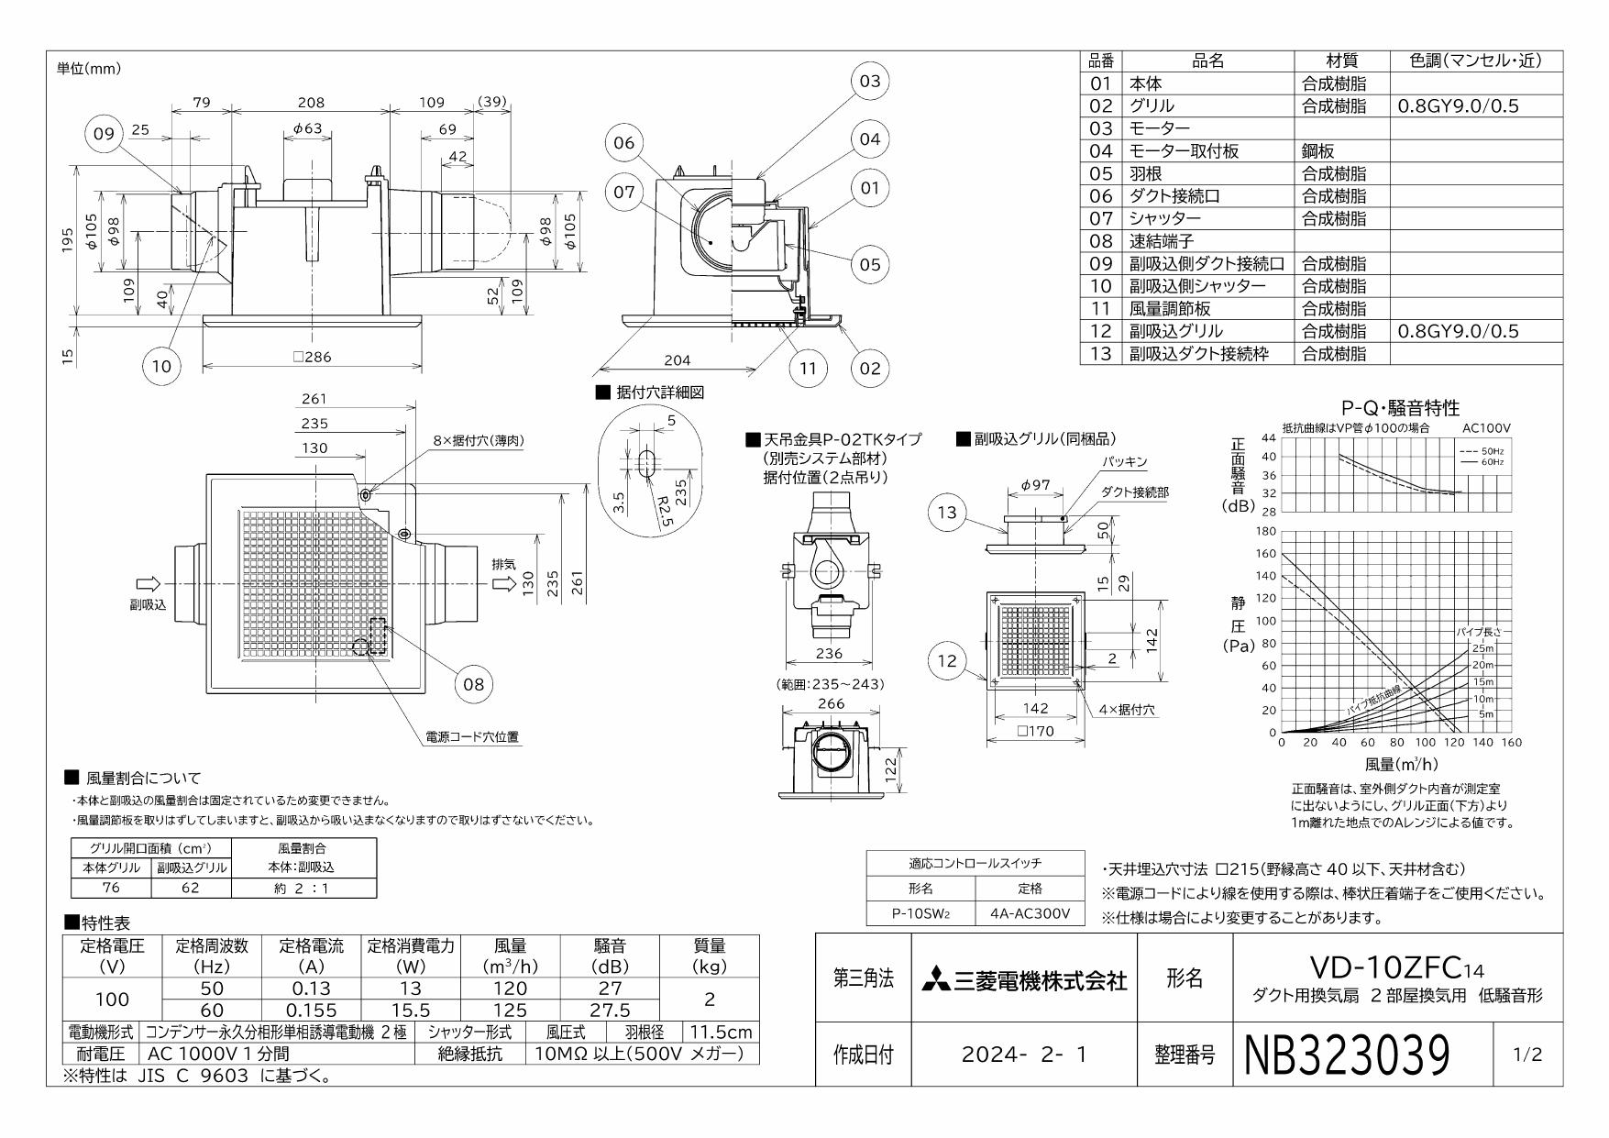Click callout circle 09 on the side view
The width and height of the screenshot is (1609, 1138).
(x=104, y=134)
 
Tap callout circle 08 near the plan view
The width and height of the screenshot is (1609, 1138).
(x=473, y=683)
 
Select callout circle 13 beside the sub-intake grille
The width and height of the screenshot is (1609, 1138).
(x=947, y=513)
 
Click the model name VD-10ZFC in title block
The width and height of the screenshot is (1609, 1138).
(x=1389, y=967)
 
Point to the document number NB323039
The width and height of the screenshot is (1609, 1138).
(x=1348, y=1055)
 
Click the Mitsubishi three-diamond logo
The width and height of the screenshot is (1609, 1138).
(x=937, y=979)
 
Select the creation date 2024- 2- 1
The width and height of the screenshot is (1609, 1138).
(x=1024, y=1055)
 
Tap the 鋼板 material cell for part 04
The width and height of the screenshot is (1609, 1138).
(x=1319, y=151)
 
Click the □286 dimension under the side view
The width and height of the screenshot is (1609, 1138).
(x=313, y=357)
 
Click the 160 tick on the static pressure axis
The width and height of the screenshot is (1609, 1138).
(x=1266, y=554)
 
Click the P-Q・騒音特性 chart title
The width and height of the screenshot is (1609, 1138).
(x=1400, y=408)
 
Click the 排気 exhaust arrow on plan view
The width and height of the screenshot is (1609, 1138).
(x=503, y=584)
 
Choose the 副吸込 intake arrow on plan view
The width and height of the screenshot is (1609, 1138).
(x=148, y=584)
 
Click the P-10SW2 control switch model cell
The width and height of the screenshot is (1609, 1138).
(x=920, y=914)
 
